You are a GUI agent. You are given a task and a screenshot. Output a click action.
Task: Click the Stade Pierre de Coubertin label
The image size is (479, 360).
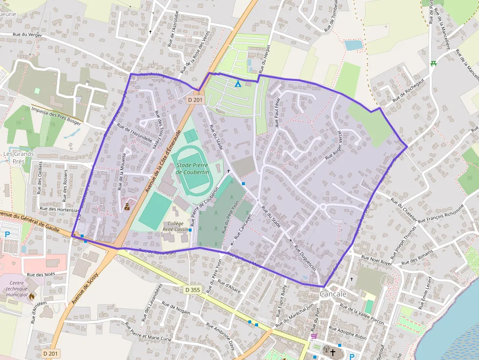tap(192, 169)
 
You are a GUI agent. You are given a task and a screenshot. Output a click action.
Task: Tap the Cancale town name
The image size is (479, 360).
tap(333, 294)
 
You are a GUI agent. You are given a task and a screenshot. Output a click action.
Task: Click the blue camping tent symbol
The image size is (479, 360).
tap(238, 84)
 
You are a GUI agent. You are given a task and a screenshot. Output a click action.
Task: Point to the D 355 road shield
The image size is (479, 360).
tap(193, 290)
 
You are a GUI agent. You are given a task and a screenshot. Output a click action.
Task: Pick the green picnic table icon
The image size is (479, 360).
tap(433, 63)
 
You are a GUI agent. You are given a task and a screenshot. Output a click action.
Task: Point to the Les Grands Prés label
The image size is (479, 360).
tap(19, 157)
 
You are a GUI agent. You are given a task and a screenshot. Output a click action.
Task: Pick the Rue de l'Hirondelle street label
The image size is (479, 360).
tap(135, 134)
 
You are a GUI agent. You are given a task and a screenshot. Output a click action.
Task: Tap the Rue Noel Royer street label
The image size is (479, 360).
tap(377, 260)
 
